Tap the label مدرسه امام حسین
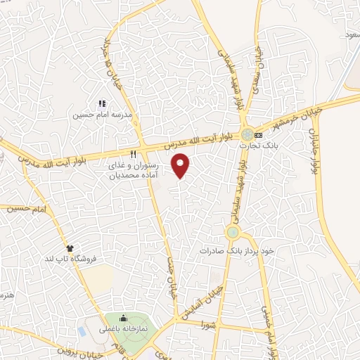point(104,115)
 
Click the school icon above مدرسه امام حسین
point(103,103)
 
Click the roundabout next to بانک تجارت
point(247,134)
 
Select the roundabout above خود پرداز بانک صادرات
point(233,232)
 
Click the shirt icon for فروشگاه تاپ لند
point(70,248)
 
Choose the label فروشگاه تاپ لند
point(69,258)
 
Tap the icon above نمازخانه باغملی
point(124,319)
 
